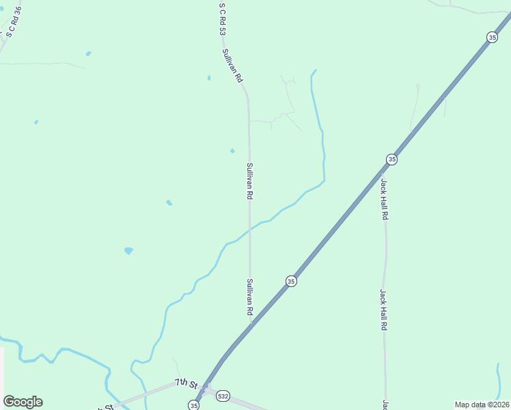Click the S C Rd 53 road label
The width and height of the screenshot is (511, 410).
(222, 19)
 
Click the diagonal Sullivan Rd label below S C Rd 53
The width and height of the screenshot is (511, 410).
(232, 66)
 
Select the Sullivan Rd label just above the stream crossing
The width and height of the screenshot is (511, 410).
(250, 181)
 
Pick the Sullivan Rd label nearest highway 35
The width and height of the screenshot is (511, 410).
(250, 297)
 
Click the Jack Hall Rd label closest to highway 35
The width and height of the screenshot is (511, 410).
(385, 199)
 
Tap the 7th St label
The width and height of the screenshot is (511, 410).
(185, 383)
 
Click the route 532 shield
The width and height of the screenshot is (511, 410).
(223, 396)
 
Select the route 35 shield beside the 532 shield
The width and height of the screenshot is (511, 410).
(194, 405)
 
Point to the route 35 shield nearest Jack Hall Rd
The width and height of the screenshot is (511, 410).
(391, 159)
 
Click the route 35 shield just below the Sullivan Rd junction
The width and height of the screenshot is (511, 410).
(291, 281)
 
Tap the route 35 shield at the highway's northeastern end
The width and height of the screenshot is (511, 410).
(493, 38)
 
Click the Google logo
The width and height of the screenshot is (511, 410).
(23, 402)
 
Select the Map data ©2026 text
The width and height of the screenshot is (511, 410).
(482, 405)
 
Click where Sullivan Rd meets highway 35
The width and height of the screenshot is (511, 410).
(251, 325)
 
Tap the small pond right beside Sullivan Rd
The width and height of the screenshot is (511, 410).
(232, 151)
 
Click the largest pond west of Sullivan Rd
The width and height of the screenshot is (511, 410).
(128, 251)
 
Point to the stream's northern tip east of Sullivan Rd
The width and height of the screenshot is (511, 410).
(315, 70)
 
